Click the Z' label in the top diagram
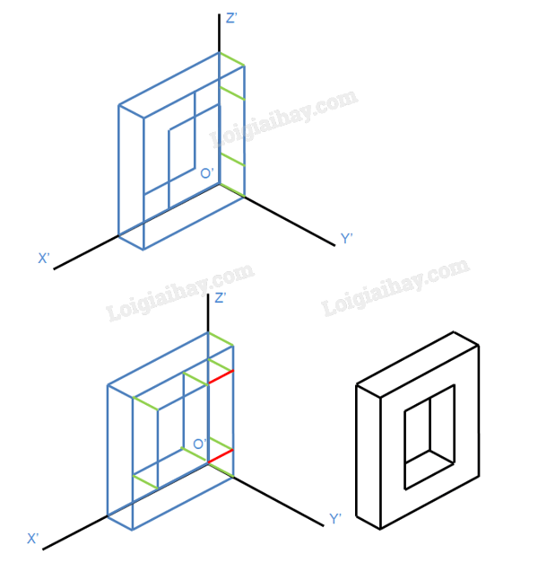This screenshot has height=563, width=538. [231, 18]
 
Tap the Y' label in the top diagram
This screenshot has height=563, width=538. [346, 239]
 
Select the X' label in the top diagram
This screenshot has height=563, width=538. [44, 259]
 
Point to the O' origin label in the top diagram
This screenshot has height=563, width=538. [207, 173]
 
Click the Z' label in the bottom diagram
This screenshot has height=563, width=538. [221, 297]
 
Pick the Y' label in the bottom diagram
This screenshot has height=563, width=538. [335, 519]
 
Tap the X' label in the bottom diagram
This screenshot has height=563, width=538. [32, 539]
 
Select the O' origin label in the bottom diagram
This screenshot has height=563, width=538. [200, 444]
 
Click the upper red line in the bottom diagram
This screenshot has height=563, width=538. [221, 376]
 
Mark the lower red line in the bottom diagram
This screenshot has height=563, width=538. [221, 456]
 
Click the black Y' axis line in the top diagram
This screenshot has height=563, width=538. [290, 222]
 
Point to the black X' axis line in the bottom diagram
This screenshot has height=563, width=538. [75, 532]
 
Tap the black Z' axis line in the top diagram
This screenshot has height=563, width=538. [219, 33]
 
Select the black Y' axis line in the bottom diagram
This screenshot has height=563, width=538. [279, 502]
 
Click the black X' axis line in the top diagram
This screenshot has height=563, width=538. [86, 252]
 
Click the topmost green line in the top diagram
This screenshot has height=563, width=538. [232, 59]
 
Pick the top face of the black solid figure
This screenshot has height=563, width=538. [418, 365]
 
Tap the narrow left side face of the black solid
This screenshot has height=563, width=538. [369, 457]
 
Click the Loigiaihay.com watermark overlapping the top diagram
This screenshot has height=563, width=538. [283, 119]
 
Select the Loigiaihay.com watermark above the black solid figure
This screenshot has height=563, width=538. [395, 287]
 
